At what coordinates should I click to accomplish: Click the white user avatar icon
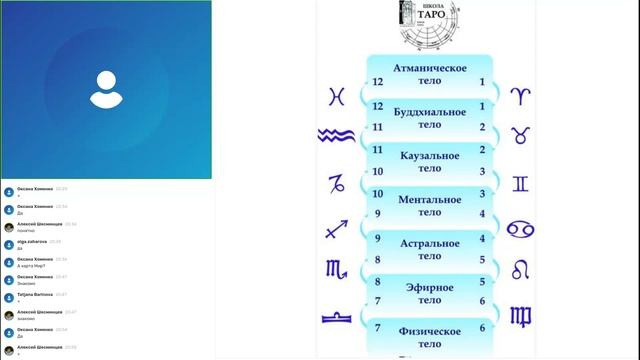(105, 89)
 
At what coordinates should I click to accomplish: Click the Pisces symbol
(337, 96)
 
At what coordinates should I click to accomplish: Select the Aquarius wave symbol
(336, 135)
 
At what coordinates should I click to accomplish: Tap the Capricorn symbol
(337, 183)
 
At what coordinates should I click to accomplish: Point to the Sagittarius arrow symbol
(336, 229)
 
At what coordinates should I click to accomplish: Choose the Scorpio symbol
(337, 269)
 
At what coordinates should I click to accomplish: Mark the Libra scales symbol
(336, 316)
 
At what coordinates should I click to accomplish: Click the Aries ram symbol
(521, 96)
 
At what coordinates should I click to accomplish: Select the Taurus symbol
(521, 135)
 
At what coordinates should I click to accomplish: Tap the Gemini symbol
(521, 183)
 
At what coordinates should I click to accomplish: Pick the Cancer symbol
(521, 229)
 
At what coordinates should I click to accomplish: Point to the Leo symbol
(521, 269)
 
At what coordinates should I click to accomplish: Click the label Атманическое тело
(429, 74)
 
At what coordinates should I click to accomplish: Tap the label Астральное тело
(429, 250)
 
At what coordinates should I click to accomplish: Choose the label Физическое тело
(429, 337)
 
